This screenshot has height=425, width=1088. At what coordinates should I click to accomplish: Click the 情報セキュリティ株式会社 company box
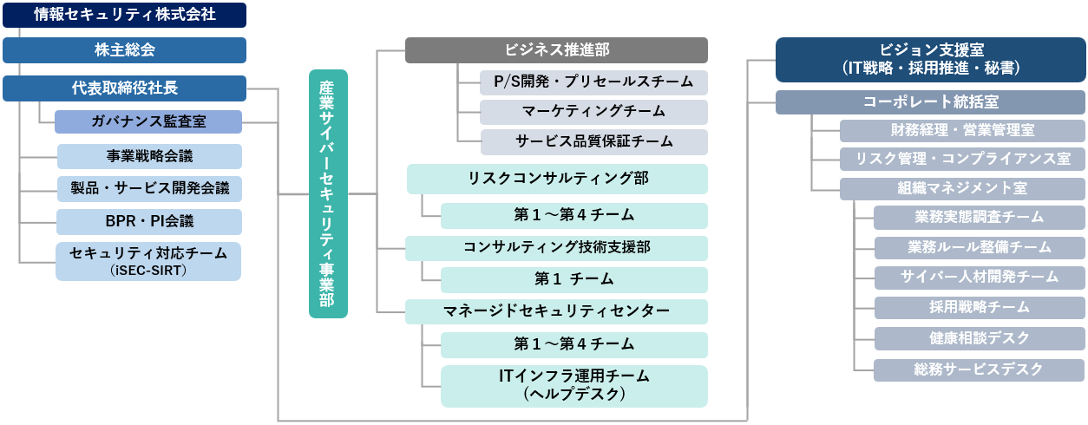[x=124, y=14]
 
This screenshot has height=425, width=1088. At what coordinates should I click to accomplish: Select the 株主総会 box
[x=124, y=50]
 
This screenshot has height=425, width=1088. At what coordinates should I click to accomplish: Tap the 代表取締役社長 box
[x=124, y=88]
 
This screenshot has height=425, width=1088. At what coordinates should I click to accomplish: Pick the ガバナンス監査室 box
[x=148, y=121]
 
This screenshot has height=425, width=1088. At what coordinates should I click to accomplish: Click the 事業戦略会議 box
[x=149, y=156]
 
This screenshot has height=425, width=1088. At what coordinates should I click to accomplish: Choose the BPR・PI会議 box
[x=149, y=222]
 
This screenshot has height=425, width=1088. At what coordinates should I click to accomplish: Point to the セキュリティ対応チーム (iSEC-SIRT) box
[x=149, y=261]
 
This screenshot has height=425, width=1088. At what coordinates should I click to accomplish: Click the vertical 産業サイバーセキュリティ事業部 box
[x=328, y=193]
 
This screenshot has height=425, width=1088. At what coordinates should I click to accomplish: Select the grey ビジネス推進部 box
[x=556, y=50]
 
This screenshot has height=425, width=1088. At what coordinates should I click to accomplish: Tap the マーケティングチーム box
[x=594, y=112]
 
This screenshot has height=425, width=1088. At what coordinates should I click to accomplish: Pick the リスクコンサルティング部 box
[x=557, y=180]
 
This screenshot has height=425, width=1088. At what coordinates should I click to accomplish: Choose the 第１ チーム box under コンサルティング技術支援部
[x=573, y=279]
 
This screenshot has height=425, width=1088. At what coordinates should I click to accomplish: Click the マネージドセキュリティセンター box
[x=557, y=311]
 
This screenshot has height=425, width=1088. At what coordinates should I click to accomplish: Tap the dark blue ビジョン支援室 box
[x=930, y=59]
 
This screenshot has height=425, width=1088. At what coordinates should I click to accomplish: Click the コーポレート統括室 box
[x=930, y=102]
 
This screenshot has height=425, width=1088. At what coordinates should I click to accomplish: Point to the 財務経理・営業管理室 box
[x=962, y=131]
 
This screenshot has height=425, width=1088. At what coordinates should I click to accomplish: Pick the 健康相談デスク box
[x=979, y=338]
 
